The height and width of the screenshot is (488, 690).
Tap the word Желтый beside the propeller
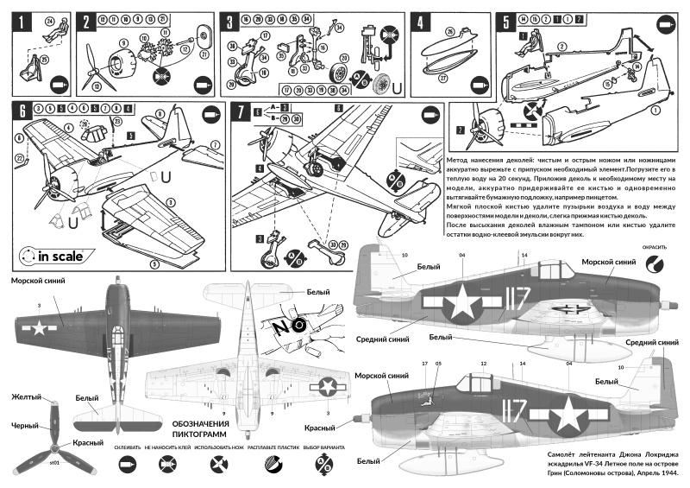[x=26, y=397]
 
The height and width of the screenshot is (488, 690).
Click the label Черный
[x=25, y=425]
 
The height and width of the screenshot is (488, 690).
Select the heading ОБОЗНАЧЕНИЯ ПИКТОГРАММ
[x=199, y=428]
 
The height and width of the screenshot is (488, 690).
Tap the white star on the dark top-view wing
[x=39, y=327]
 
